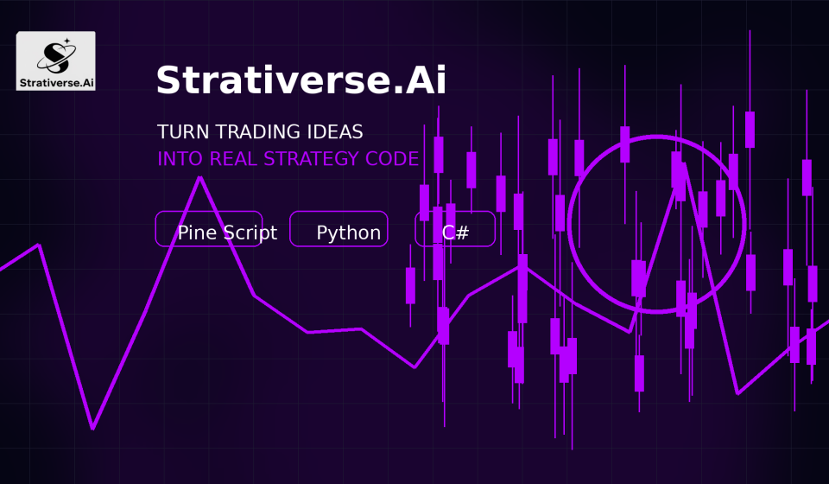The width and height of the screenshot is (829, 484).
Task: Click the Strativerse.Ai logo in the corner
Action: pos(55,60)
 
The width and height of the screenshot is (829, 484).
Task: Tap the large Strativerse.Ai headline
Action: pos(301,80)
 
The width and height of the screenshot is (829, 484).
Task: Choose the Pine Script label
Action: pos(227,232)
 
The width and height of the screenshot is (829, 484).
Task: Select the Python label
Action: pos(348,232)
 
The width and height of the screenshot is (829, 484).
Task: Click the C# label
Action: pos(455,232)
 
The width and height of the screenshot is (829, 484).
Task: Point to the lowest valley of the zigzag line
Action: pos(92,428)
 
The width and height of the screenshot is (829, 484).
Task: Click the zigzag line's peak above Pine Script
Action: pos(199,178)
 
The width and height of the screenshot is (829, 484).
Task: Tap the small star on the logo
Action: pos(67,41)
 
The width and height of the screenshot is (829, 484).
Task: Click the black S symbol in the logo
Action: pos(56,58)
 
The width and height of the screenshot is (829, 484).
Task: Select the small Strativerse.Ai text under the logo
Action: pos(57,82)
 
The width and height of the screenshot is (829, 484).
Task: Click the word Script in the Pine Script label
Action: pos(250,232)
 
